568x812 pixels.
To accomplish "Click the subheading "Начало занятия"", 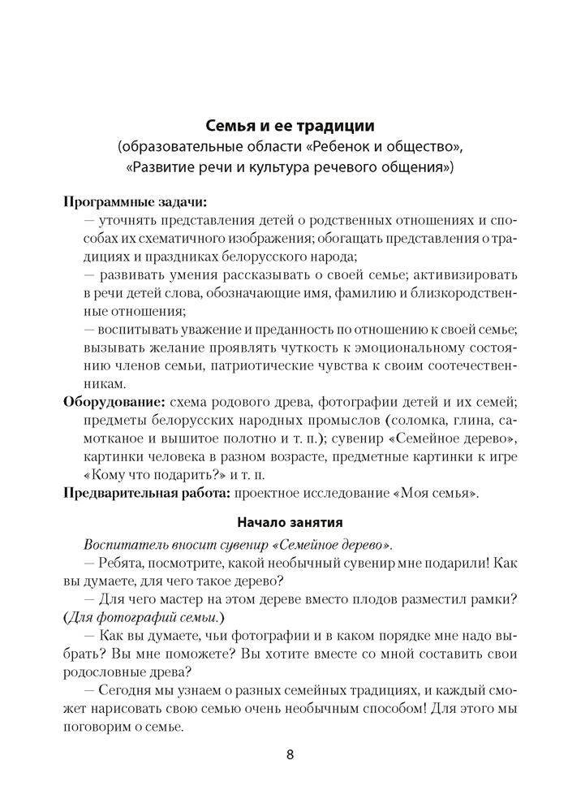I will tap(290, 522).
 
